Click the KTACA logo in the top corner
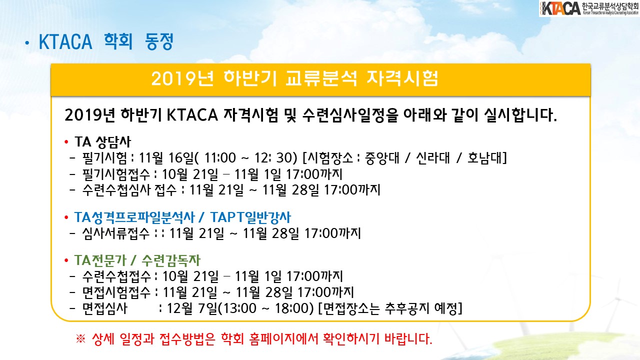click(x=589, y=8)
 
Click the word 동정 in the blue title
click(x=159, y=41)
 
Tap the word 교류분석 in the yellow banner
click(x=321, y=78)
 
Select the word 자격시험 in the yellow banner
click(x=402, y=78)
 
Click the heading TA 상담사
click(x=102, y=142)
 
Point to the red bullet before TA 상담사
click(x=66, y=141)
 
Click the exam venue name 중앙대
click(x=382, y=157)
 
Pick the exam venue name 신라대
click(x=433, y=157)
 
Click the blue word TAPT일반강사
click(x=250, y=217)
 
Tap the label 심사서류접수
click(x=115, y=233)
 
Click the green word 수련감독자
click(x=171, y=260)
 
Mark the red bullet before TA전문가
click(x=66, y=260)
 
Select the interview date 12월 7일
click(x=192, y=308)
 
